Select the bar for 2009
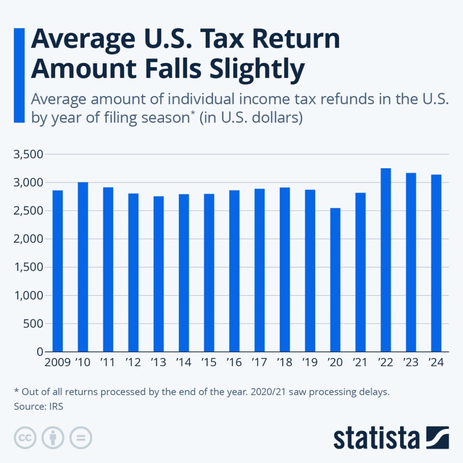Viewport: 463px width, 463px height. (x=57, y=271)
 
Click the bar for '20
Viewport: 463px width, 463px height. (x=335, y=280)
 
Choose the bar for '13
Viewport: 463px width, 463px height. (x=158, y=274)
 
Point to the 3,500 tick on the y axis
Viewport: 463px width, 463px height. (x=30, y=154)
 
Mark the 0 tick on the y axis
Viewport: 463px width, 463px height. (x=39, y=352)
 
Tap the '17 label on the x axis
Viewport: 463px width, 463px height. (x=259, y=363)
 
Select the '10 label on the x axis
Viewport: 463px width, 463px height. (x=83, y=363)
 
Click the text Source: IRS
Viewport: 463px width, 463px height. (x=38, y=406)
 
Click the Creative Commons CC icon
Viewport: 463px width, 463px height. (x=25, y=438)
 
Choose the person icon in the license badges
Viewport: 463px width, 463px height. (x=53, y=438)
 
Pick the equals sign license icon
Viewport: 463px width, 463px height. (x=80, y=438)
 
